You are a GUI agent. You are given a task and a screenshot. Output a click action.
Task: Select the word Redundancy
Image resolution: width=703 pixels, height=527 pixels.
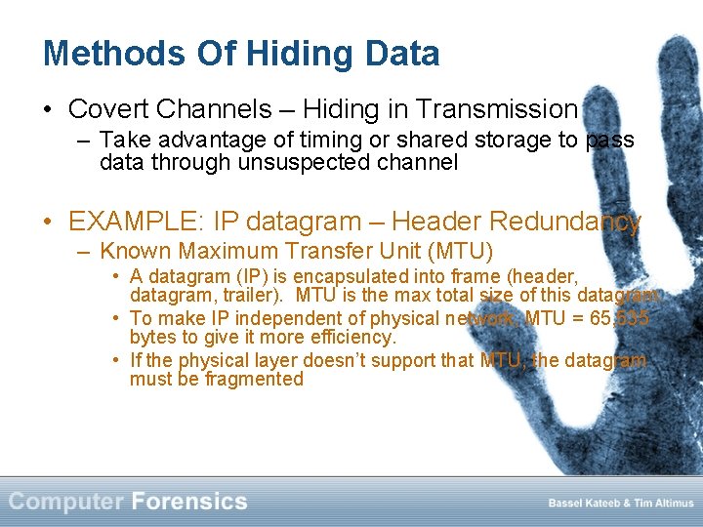[565, 222]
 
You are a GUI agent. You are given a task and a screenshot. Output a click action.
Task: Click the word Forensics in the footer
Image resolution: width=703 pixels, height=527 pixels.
[188, 502]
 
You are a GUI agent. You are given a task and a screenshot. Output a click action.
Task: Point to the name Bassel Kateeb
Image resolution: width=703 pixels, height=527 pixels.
[584, 504]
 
